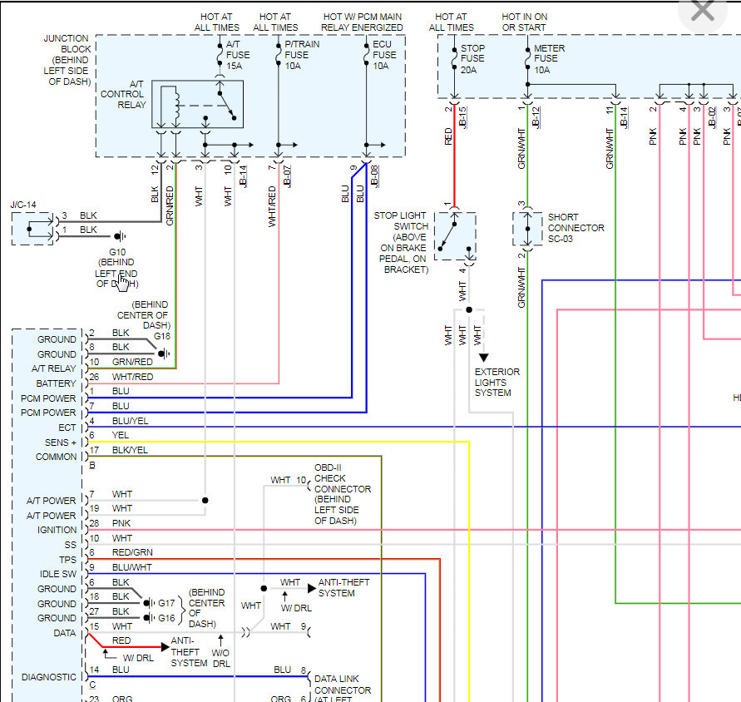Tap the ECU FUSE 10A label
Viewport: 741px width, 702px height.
coord(384,54)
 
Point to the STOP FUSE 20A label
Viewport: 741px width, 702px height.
coord(472,59)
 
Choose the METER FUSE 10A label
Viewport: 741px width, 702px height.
coord(550,59)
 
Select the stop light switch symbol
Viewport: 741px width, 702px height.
coord(454,235)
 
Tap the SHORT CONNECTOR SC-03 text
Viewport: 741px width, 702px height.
coord(576,228)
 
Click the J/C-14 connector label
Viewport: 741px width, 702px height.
coord(23,205)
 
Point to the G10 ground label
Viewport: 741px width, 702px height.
coord(117,252)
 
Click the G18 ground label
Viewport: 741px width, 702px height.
coord(161,336)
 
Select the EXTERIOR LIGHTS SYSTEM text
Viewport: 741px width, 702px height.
coord(497,382)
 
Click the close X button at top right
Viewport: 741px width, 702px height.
coord(703,11)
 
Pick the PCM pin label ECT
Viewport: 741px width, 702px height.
coord(67,428)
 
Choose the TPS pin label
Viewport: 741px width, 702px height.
coord(67,560)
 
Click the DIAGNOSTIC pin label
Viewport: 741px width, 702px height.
coord(49,677)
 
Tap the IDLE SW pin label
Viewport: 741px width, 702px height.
coord(57,574)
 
